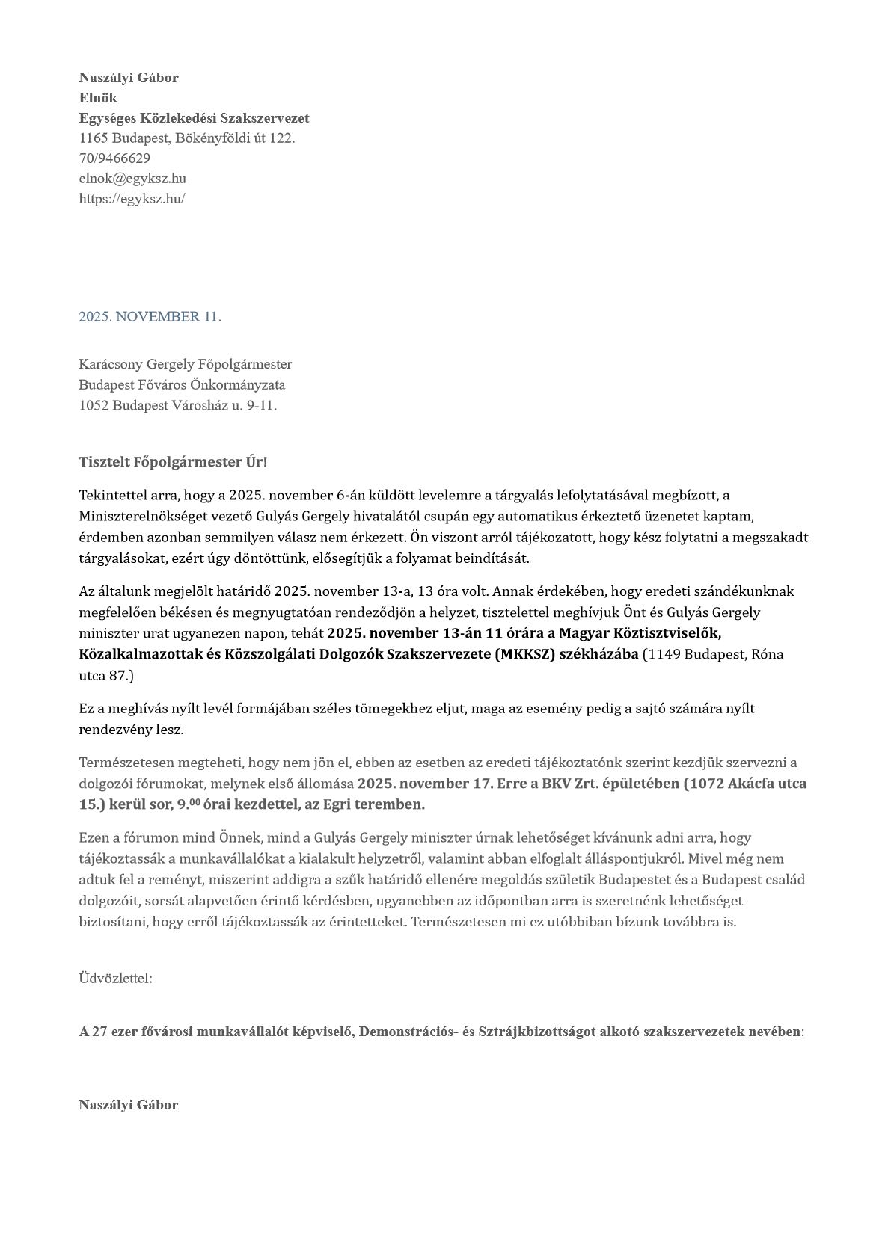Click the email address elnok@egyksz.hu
[132, 179]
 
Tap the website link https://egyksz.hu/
[132, 199]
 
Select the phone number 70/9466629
[114, 158]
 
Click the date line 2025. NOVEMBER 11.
[150, 317]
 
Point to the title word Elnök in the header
[98, 98]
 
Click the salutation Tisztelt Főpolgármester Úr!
[173, 462]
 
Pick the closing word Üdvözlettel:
[115, 978]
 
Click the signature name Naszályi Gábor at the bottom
[129, 1105]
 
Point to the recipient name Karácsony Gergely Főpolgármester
[185, 365]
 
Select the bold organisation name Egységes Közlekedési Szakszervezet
[194, 118]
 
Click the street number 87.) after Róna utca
[120, 676]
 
